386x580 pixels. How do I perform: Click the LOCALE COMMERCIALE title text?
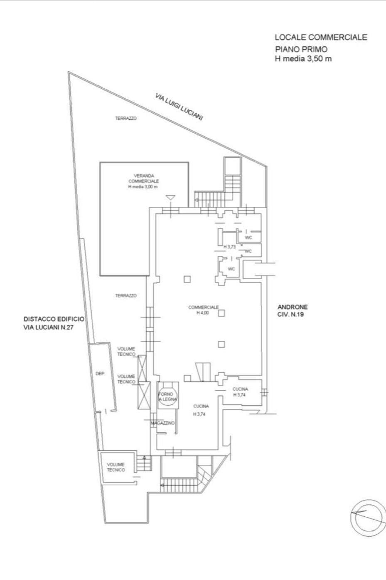pyautogui.click(x=321, y=37)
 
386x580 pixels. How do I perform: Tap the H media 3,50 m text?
pyautogui.click(x=303, y=59)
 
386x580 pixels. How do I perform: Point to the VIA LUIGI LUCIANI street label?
pyautogui.click(x=179, y=107)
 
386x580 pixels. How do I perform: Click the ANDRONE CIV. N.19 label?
pyautogui.click(x=293, y=311)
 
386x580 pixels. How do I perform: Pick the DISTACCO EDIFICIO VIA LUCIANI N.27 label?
pyautogui.click(x=54, y=323)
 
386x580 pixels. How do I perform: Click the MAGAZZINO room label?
pyautogui.click(x=162, y=423)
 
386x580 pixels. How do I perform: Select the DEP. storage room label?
pyautogui.click(x=100, y=374)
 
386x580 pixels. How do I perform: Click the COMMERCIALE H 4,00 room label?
pyautogui.click(x=204, y=310)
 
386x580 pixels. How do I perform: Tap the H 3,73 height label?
pyautogui.click(x=230, y=247)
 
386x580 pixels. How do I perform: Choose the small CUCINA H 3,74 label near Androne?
pyautogui.click(x=240, y=392)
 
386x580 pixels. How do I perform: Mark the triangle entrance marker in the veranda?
pyautogui.click(x=170, y=197)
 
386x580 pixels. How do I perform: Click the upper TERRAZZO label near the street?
pyautogui.click(x=126, y=118)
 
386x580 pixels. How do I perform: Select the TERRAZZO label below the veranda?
pyautogui.click(x=126, y=295)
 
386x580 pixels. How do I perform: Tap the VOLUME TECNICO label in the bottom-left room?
pyautogui.click(x=116, y=467)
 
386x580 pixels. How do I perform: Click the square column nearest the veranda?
pyautogui.click(x=187, y=279)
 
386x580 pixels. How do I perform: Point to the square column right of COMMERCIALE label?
pyautogui.click(x=221, y=313)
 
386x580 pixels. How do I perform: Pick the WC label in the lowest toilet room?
pyautogui.click(x=231, y=269)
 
